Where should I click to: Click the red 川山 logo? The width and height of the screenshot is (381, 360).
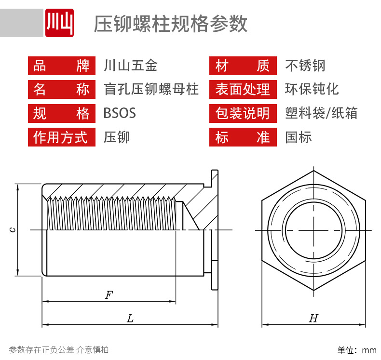(59, 23)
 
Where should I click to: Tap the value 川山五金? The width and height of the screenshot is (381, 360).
(130, 66)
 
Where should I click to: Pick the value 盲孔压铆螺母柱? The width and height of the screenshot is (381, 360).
(151, 89)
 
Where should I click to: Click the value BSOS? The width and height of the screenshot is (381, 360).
(120, 113)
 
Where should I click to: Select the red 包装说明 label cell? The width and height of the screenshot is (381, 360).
(243, 113)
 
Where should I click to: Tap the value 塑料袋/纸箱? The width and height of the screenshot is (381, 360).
(321, 113)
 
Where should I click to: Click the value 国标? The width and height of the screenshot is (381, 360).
(299, 137)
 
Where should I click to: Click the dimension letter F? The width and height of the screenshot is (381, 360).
(109, 295)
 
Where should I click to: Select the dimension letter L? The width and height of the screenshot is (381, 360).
(130, 318)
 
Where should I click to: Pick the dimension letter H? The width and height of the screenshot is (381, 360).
(313, 318)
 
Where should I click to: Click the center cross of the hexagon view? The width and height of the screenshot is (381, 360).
(313, 230)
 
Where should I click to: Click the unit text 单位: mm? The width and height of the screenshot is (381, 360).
(356, 350)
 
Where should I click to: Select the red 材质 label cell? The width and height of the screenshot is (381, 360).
(243, 66)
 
